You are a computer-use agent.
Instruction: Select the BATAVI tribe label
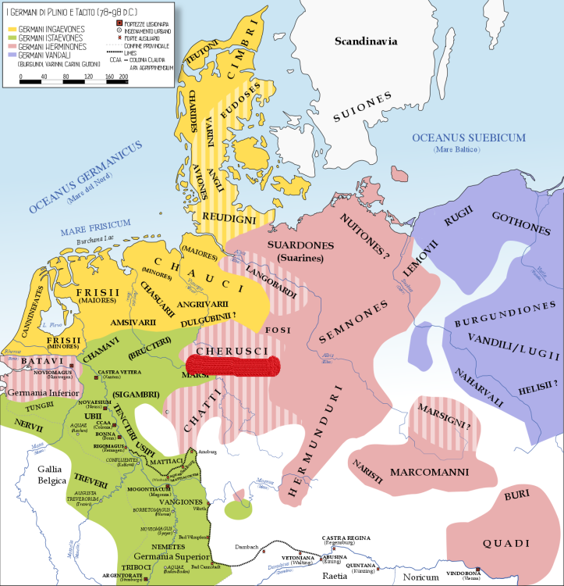click(x=31, y=362)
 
